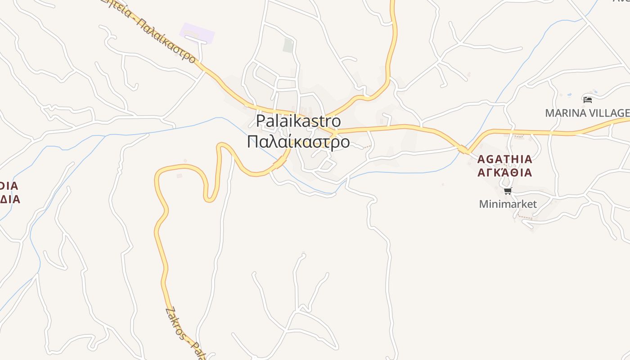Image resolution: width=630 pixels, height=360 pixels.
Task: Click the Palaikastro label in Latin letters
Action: [x=298, y=121]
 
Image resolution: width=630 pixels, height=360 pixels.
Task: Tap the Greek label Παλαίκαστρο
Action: [x=298, y=142]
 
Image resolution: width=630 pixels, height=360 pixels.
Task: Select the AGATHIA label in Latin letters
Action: [x=504, y=159]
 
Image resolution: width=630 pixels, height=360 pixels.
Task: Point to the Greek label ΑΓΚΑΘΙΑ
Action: [x=504, y=172]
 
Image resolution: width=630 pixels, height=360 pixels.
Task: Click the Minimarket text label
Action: [x=508, y=204]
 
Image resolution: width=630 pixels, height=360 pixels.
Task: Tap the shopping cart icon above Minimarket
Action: [x=508, y=191]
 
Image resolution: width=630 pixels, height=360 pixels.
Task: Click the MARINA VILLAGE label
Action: [x=587, y=113]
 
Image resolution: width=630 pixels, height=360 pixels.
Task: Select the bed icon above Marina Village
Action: [x=587, y=99]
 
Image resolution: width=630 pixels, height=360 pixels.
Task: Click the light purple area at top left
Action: [x=197, y=33]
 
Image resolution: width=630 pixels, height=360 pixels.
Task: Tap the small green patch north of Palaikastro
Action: [x=288, y=45]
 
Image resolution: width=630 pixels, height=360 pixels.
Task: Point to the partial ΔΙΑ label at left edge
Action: [x=10, y=199]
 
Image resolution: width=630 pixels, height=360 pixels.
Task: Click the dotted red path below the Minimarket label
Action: [x=525, y=218]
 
